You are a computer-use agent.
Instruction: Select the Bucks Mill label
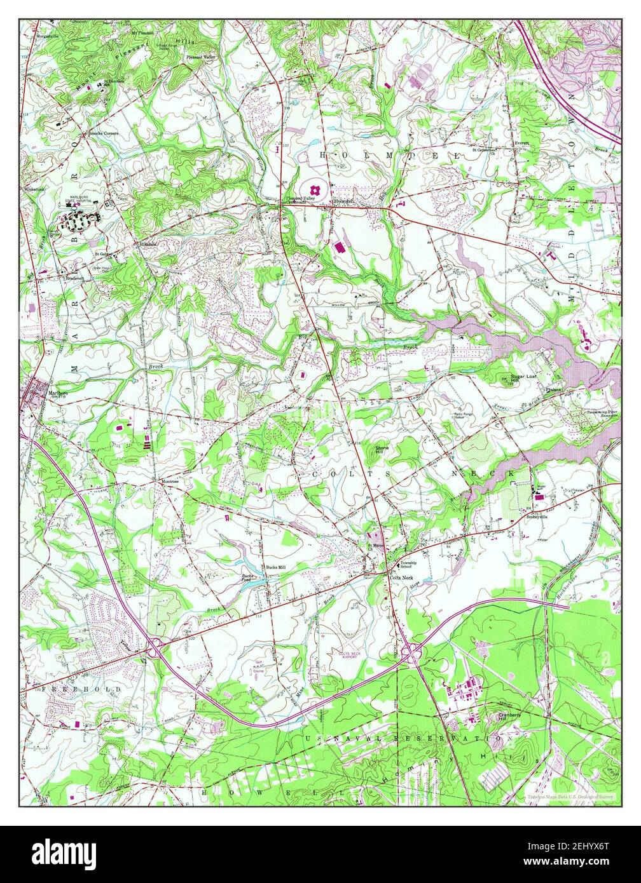pos(275,567)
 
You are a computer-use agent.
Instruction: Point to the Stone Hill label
pos(382,449)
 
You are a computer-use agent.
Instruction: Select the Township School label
pos(408,565)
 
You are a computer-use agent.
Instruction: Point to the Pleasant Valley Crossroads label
pos(300,201)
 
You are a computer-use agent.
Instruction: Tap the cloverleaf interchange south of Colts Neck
pos(410,649)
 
